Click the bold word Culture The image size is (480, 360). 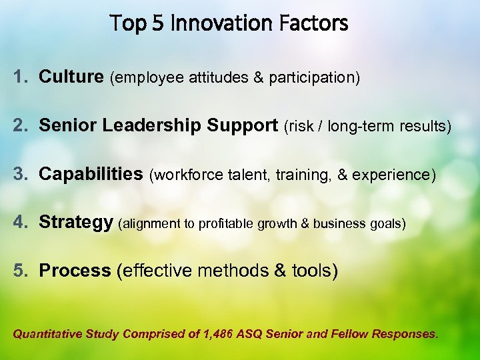click(71, 77)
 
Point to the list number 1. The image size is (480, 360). click(19, 77)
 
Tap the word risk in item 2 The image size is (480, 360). click(301, 126)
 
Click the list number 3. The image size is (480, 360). click(20, 174)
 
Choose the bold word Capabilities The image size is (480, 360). click(91, 174)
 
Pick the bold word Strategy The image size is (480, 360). click(75, 223)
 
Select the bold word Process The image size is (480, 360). click(75, 271)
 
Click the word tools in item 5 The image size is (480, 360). click(314, 271)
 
